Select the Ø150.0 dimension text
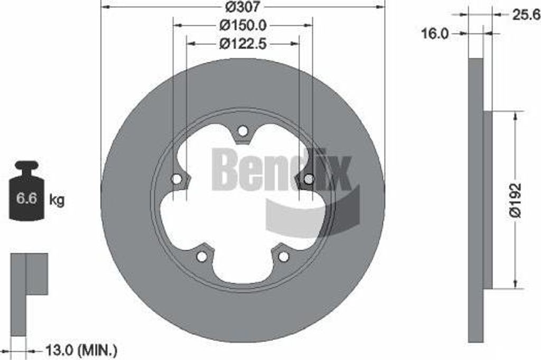(243, 25)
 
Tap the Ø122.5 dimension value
(243, 43)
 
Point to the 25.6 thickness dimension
(526, 15)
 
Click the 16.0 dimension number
(435, 34)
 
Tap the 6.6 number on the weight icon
(26, 198)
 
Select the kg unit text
(57, 200)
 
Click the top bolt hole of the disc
(243, 131)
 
